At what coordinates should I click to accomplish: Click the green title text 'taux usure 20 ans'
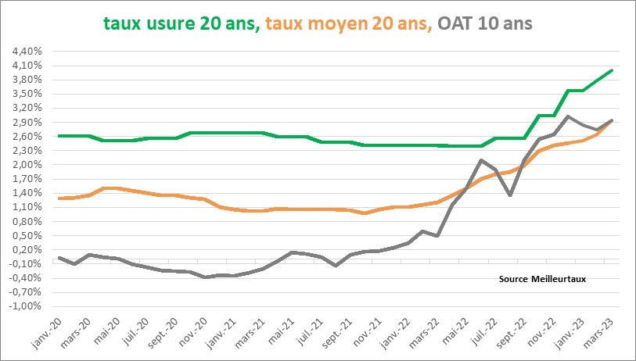(x=181, y=23)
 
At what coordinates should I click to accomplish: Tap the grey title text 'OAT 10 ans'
(x=486, y=23)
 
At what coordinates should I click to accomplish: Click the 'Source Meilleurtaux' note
(x=542, y=278)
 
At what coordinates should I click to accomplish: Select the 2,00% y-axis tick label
(x=27, y=165)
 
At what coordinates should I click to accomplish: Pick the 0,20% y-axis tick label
(x=27, y=250)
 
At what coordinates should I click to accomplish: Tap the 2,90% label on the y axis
(x=27, y=123)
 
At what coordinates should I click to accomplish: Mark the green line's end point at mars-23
(x=612, y=70)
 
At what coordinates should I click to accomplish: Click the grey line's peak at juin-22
(x=481, y=160)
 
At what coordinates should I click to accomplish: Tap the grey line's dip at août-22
(x=510, y=195)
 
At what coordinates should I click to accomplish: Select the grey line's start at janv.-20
(x=59, y=257)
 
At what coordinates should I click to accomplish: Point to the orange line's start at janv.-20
(x=59, y=198)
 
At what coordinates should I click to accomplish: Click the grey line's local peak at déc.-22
(x=568, y=116)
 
